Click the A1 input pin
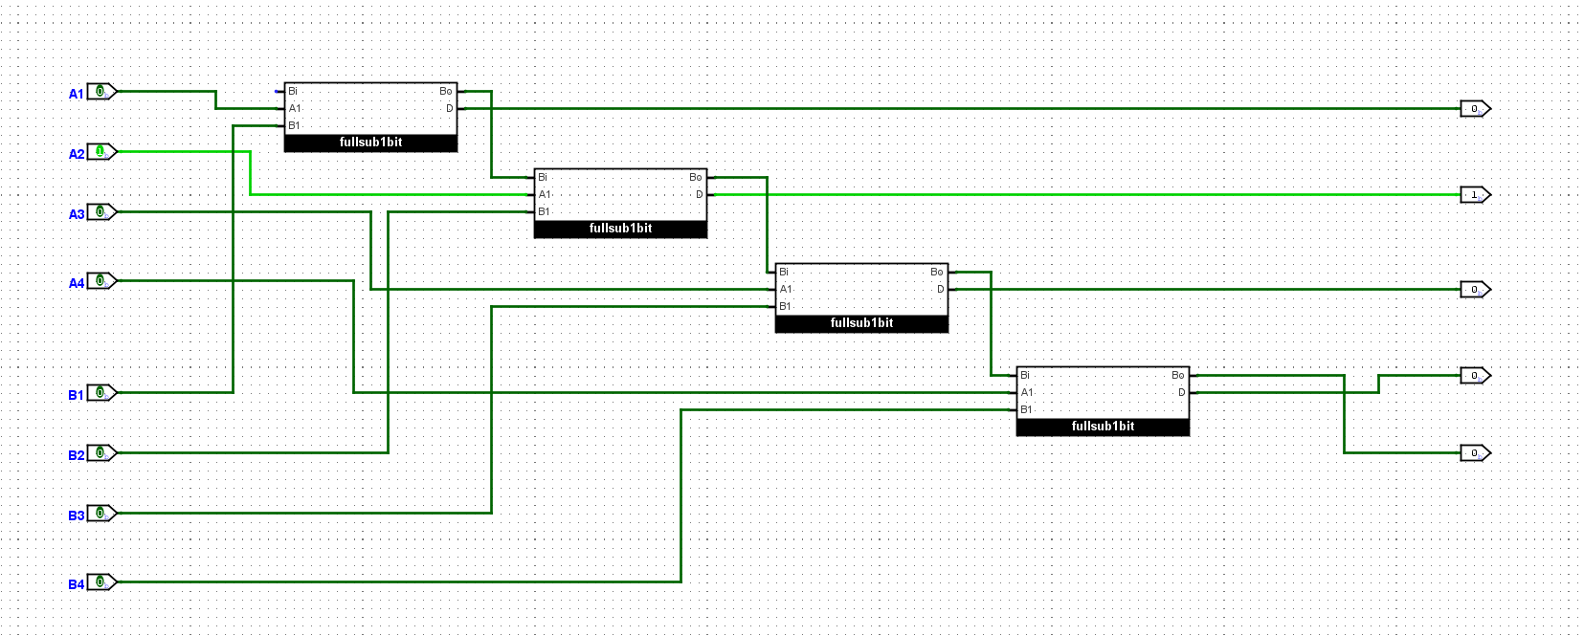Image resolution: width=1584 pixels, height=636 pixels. pyautogui.click(x=100, y=92)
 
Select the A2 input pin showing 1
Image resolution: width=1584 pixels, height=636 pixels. pyautogui.click(x=100, y=152)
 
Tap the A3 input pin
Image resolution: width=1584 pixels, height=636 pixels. pyautogui.click(x=100, y=211)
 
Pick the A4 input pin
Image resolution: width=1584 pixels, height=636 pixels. pyautogui.click(x=100, y=280)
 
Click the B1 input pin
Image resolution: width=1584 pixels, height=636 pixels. pyautogui.click(x=100, y=392)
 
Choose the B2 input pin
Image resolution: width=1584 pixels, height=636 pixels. pyautogui.click(x=100, y=452)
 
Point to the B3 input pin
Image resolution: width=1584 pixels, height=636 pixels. pyautogui.click(x=100, y=513)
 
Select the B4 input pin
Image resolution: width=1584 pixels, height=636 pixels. pyautogui.click(x=100, y=581)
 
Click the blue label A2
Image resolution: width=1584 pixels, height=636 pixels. pyautogui.click(x=77, y=154)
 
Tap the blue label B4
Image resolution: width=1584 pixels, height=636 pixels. pyautogui.click(x=77, y=584)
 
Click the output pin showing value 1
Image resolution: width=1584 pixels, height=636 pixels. pyautogui.click(x=1475, y=194)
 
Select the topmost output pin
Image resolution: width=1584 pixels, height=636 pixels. pyautogui.click(x=1475, y=108)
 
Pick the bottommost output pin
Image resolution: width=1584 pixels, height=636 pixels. pyautogui.click(x=1475, y=452)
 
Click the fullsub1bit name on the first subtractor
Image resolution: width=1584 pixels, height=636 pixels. pyautogui.click(x=370, y=143)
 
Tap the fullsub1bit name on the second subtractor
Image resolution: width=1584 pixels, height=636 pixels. pyautogui.click(x=620, y=229)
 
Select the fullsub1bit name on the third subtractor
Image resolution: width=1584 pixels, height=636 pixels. pyautogui.click(x=861, y=323)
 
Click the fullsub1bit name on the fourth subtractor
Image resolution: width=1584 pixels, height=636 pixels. pyautogui.click(x=1103, y=427)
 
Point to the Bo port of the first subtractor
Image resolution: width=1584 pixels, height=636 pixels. pyautogui.click(x=446, y=92)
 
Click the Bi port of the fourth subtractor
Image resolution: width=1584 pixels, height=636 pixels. pyautogui.click(x=1024, y=375)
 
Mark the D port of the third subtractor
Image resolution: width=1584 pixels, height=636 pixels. pyautogui.click(x=940, y=289)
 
